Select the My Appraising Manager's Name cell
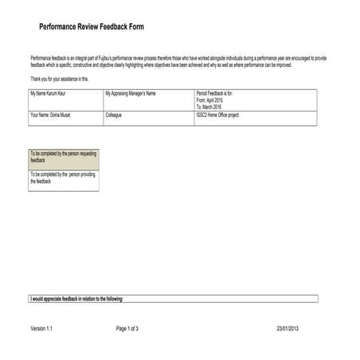[130, 94]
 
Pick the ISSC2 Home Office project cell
[217, 115]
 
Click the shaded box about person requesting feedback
[63, 156]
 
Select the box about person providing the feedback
[63, 178]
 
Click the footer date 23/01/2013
[292, 328]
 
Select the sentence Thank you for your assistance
[60, 79]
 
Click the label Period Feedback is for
[213, 94]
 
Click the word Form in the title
[136, 27]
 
